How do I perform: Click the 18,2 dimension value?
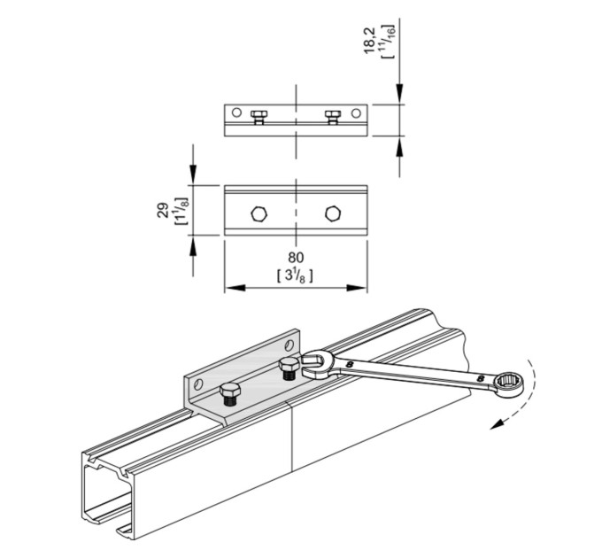370,41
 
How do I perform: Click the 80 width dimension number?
295,258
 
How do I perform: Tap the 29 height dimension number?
163,210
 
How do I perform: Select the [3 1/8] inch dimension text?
295,275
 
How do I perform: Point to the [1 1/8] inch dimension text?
181,211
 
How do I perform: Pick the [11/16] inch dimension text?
388,42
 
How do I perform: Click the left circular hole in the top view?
236,112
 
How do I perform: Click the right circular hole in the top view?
356,112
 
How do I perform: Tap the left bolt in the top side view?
259,117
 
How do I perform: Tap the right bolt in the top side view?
333,117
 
